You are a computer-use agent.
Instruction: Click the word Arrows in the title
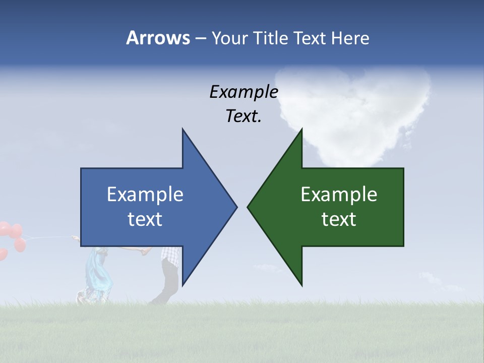click(157, 38)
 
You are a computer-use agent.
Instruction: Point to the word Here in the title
click(350, 38)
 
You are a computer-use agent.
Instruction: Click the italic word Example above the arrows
click(244, 92)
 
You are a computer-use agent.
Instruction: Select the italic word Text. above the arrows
click(244, 116)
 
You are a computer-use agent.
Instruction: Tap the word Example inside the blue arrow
click(145, 195)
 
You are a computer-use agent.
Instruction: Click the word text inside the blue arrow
click(145, 219)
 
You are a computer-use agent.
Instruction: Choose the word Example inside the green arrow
click(339, 195)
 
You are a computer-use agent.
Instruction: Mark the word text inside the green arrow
click(339, 219)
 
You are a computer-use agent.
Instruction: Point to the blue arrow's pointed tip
click(236, 207)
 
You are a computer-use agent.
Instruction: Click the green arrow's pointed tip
click(249, 207)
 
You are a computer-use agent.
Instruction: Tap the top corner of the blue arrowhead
click(183, 129)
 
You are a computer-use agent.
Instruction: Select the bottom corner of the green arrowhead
click(301, 285)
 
